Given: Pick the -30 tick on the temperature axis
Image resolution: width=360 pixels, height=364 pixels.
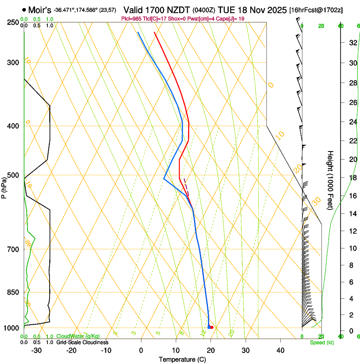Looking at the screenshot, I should tap(36, 350).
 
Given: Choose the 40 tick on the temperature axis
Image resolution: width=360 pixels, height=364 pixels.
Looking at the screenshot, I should tap(280, 350).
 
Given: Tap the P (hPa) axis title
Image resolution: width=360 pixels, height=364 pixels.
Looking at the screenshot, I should tap(4, 186).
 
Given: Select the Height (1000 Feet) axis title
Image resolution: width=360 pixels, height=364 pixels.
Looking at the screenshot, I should tap(330, 180).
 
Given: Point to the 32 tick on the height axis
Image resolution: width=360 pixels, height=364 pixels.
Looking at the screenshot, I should tap(353, 42).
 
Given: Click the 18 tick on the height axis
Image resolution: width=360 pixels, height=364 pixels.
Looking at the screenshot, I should tap(353, 178).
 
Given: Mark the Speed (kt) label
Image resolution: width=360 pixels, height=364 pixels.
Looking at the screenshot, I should tap(321, 342).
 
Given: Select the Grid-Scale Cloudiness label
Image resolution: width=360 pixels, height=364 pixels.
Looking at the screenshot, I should tap(82, 342).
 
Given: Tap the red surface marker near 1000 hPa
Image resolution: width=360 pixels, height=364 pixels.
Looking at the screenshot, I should tap(211, 327).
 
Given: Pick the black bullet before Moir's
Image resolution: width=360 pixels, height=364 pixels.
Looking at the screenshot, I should tap(24, 10).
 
